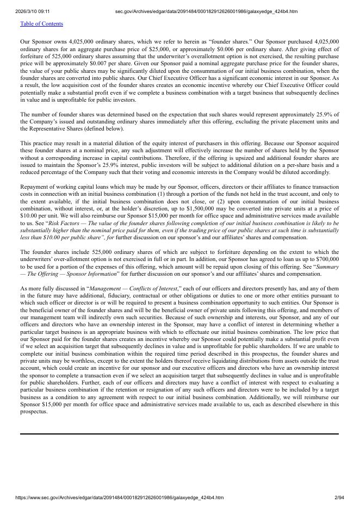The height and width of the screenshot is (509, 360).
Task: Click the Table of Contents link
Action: pyautogui.click(x=41, y=24)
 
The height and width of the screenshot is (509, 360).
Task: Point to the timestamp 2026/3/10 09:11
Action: pyautogui.click(x=32, y=11)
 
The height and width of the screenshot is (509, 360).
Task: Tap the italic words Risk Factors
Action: pyautogui.click(x=64, y=223)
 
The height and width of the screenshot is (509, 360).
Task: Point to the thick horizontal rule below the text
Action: pyautogui.click(x=179, y=434)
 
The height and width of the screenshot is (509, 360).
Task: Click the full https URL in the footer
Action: pyautogui.click(x=120, y=498)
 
